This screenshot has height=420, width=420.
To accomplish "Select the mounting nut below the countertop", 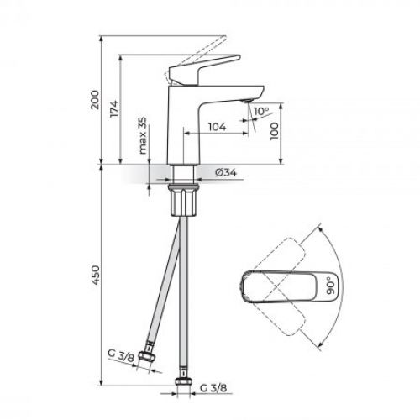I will pos(184,202).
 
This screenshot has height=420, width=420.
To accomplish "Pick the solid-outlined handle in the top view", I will pos(286,285).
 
